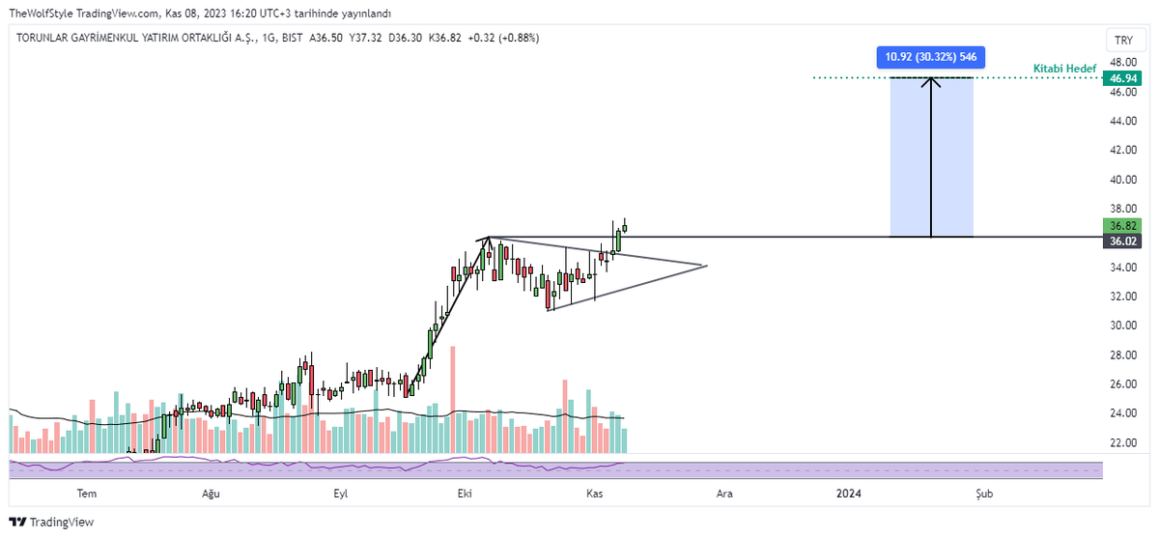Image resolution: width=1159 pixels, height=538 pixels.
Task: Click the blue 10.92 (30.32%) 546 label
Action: point(930,57)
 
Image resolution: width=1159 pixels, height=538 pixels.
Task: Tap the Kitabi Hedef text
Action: point(1064,69)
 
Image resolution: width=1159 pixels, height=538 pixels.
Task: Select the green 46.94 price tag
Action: point(1122,78)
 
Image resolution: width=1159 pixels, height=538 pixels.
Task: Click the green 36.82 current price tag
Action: point(1122,226)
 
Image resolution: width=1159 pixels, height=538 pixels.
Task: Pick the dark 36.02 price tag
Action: point(1122,241)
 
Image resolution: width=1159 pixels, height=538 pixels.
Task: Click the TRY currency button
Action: point(1123,40)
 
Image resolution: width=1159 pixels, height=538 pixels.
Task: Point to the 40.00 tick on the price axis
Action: point(1123,180)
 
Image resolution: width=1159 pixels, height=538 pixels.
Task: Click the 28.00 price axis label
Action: point(1123,354)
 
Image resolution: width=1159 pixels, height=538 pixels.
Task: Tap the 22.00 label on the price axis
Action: point(1123,442)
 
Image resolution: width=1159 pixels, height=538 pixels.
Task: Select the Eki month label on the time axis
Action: point(465,494)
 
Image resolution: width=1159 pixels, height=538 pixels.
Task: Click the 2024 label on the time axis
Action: point(849,494)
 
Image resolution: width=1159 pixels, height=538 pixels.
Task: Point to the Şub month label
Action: point(984,494)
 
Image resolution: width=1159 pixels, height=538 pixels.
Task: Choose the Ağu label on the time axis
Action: point(211,494)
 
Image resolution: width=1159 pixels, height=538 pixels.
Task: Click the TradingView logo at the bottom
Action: point(52,522)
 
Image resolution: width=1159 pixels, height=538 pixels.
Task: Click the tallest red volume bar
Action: point(453,400)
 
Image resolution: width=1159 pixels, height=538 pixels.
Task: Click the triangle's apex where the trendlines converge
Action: point(707,266)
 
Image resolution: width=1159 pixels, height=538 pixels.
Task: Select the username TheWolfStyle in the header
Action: point(41,14)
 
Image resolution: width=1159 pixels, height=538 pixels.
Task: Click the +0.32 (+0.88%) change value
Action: point(503,38)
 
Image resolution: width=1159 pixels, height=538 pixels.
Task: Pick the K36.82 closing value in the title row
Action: point(444,38)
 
